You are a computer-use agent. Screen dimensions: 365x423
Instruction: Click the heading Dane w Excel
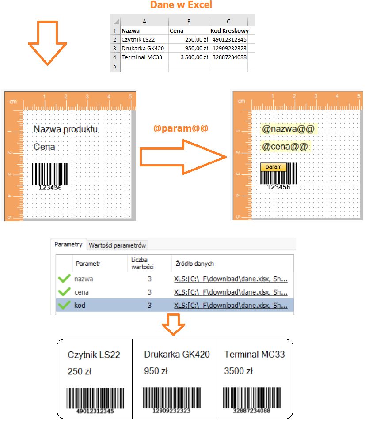[181, 4]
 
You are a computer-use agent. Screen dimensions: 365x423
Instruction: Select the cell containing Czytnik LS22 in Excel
[144, 39]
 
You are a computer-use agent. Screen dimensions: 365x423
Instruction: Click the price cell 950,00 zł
[189, 48]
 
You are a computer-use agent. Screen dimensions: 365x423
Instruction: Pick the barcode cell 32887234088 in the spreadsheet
[228, 57]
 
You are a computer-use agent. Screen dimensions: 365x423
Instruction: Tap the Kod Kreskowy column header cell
[228, 31]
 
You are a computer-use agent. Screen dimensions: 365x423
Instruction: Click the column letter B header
[189, 22]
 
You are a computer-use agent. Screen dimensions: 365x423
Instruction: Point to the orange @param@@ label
[181, 128]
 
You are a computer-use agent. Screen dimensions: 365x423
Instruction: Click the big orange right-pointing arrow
[183, 157]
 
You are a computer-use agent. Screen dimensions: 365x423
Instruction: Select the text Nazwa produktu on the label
[65, 129]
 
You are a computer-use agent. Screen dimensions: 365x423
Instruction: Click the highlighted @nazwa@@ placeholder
[288, 129]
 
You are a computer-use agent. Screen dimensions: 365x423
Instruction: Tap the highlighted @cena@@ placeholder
[285, 147]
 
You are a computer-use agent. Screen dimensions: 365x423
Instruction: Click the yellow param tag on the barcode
[274, 167]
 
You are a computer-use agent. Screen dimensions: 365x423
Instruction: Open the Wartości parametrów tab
[118, 245]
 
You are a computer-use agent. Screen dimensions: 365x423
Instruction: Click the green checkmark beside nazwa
[64, 279]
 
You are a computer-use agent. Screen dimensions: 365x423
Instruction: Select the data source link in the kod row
[231, 306]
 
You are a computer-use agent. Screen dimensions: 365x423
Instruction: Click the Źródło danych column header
[194, 264]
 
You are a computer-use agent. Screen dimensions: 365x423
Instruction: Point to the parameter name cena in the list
[82, 292]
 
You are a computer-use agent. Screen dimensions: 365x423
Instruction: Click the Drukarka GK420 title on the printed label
[177, 354]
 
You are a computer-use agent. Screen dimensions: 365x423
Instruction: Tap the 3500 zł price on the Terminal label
[238, 371]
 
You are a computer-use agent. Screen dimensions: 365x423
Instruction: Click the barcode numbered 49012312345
[95, 400]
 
